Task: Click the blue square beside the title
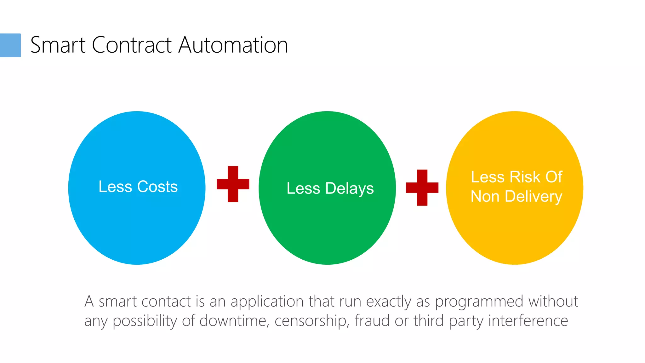10,45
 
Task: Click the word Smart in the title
58,45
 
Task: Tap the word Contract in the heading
132,45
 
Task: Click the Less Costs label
138,187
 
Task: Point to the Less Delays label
330,188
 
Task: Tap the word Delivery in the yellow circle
533,197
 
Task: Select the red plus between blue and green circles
233,184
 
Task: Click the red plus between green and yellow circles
422,187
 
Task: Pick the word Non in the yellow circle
485,197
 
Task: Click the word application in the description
268,302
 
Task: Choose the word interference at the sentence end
528,321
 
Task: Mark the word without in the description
553,301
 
